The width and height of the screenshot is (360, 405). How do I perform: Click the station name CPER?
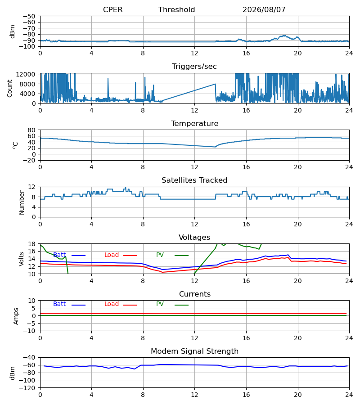(x=112, y=10)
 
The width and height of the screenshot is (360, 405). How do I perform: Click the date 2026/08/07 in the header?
(x=264, y=10)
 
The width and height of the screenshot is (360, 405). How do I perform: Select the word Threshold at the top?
(x=176, y=10)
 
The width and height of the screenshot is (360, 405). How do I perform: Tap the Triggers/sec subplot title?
(x=194, y=67)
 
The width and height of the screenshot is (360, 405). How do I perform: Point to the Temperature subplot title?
(x=194, y=124)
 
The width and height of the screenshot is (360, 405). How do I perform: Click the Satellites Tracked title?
(x=194, y=180)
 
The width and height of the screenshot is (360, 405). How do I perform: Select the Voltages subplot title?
(x=194, y=238)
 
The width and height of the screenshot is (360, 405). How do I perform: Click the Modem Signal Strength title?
(x=194, y=351)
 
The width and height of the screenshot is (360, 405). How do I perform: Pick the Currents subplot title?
(x=195, y=294)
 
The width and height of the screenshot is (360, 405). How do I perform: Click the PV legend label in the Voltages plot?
(x=160, y=255)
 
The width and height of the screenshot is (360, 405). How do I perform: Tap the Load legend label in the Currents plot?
(x=111, y=304)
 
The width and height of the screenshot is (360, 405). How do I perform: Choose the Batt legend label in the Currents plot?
(x=59, y=304)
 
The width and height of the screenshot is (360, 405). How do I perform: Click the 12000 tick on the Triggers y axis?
(x=26, y=74)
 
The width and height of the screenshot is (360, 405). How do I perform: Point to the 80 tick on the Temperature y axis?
(x=31, y=130)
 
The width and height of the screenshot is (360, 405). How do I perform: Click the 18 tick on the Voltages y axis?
(x=31, y=244)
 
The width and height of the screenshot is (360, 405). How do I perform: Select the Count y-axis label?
(x=10, y=88)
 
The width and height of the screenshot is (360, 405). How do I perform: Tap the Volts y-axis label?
(x=22, y=259)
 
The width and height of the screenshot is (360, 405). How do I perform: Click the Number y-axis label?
(x=22, y=202)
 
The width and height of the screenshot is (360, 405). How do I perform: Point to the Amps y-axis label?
(x=16, y=316)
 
